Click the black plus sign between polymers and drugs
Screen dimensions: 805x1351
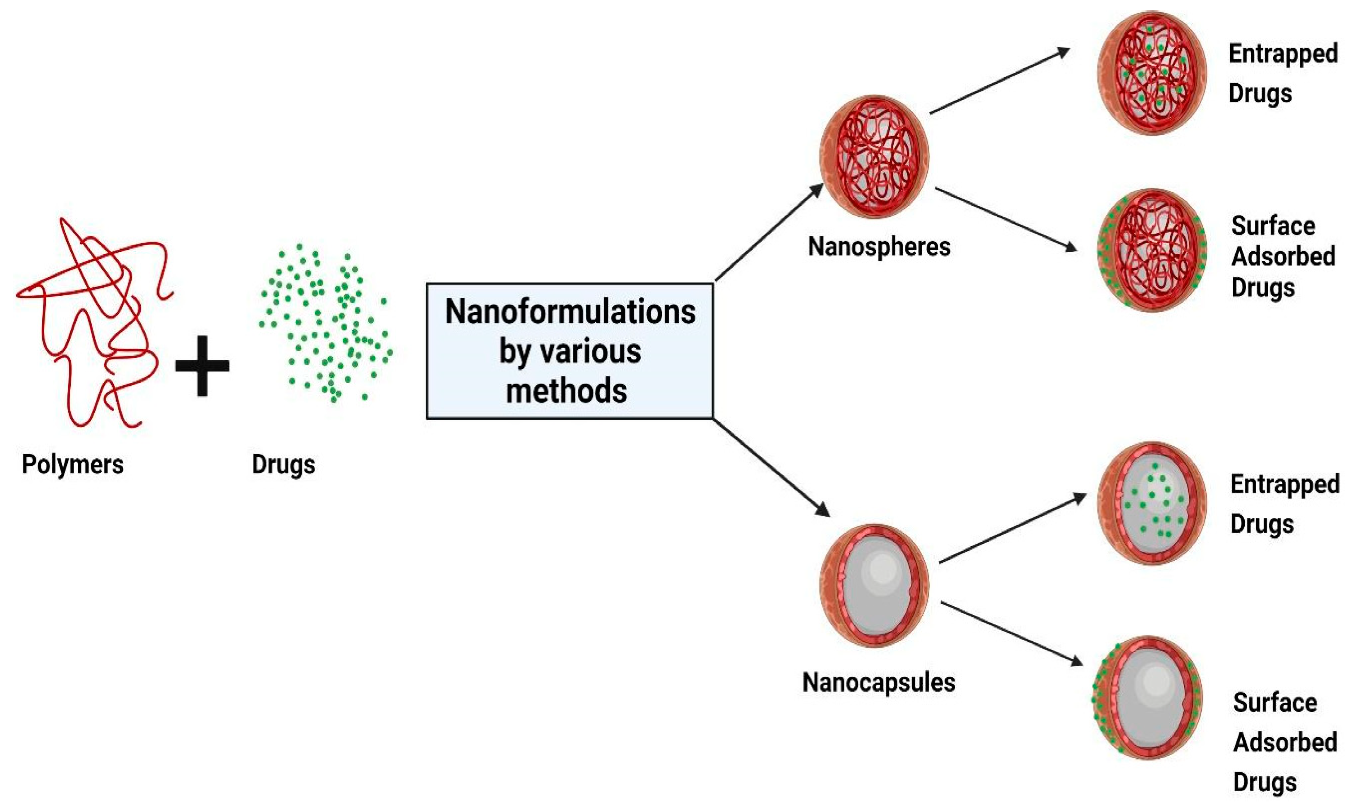coord(202,365)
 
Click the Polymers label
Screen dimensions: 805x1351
coord(72,465)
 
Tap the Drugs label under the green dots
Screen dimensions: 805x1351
coord(283,465)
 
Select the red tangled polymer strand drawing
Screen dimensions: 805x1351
coord(92,320)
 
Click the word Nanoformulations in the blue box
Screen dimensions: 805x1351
coord(570,313)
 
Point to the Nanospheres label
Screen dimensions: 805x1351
coord(879,247)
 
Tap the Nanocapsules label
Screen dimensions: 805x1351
coord(878,682)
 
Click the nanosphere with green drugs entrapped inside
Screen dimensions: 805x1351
coord(1152,73)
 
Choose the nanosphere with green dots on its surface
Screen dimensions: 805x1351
coord(1152,249)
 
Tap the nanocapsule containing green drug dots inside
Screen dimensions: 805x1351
coord(1152,502)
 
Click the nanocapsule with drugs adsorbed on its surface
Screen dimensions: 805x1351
coord(1146,697)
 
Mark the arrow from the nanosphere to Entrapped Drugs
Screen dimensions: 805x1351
coord(999,81)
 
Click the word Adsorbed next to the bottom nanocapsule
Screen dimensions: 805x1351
coord(1285,742)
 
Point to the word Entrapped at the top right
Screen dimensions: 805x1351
coord(1283,54)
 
